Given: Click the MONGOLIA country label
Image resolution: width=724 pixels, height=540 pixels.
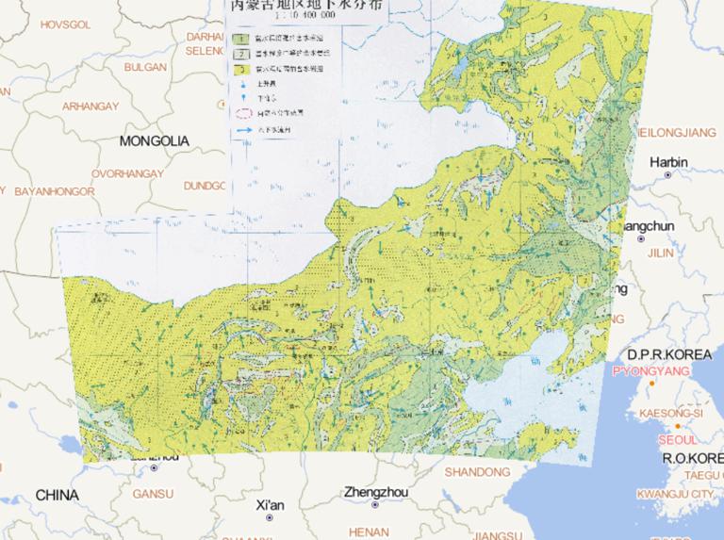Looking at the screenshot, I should tap(154, 141).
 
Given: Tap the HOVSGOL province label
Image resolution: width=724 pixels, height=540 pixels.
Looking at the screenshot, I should tap(61, 20).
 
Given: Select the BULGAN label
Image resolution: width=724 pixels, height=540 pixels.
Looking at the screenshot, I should tap(145, 68).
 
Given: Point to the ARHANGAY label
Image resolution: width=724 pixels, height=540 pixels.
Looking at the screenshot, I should tap(90, 106).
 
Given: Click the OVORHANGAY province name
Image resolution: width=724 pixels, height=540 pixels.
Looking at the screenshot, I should tap(127, 174).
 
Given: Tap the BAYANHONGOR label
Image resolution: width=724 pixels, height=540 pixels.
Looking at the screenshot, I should tap(55, 191).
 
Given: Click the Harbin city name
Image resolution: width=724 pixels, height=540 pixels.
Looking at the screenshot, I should tap(668, 162).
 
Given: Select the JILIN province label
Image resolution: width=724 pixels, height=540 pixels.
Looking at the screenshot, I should tap(661, 254).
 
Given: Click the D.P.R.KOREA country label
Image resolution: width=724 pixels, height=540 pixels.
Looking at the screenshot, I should tap(671, 354).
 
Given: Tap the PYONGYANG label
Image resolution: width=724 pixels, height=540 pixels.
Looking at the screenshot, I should tap(651, 371).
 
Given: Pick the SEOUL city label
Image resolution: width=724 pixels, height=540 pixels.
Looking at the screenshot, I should tap(679, 440).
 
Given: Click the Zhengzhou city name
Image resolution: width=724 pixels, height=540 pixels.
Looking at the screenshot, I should tap(376, 492).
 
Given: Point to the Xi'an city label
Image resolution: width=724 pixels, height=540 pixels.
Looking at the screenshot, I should tap(270, 505).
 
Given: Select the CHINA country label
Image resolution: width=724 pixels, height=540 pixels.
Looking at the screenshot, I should tap(58, 495).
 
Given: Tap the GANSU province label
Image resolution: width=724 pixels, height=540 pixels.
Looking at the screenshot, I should tap(153, 493).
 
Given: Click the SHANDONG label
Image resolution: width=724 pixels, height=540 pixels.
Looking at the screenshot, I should tap(477, 471).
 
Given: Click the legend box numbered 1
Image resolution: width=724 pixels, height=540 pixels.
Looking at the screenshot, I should tap(241, 39).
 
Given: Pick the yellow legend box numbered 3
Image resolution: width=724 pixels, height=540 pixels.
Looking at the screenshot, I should tap(241, 69).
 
